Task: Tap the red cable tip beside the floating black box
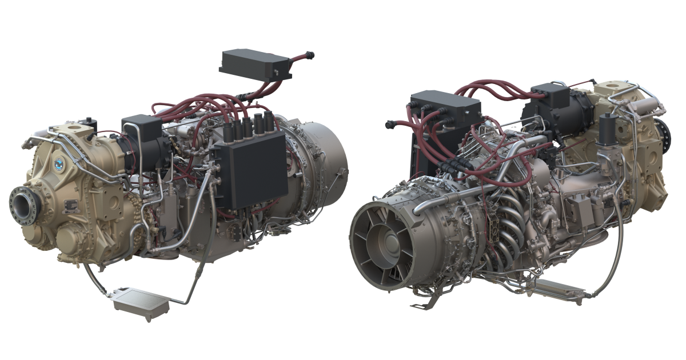click(x=310, y=55)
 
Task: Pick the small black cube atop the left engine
click(x=134, y=126)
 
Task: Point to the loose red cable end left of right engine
click(x=390, y=123)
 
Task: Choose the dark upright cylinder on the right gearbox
click(x=607, y=131)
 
